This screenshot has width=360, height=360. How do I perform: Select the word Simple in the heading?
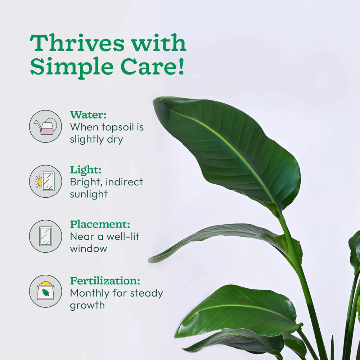(72, 67)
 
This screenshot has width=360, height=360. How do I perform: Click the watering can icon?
(45, 126)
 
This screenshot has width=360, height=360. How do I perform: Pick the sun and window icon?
(45, 181)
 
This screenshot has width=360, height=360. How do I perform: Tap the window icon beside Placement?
(45, 236)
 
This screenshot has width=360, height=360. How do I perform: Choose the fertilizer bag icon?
(45, 291)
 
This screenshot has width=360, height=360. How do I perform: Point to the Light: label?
(86, 170)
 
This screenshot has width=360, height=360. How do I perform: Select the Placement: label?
(100, 225)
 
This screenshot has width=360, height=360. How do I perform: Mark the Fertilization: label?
(105, 281)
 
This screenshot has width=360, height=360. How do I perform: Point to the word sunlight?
(89, 194)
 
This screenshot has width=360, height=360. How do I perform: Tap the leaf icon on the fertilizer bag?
(45, 293)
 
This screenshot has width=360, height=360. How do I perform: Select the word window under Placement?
(89, 248)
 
